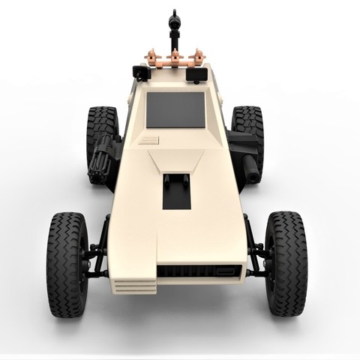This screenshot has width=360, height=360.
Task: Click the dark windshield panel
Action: [x=175, y=109]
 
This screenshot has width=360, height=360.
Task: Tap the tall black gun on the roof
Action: [x=175, y=26]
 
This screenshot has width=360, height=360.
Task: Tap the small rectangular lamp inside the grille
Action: [x=225, y=270]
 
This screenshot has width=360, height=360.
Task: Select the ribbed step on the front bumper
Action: [x=135, y=286]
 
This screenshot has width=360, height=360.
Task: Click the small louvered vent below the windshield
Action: [x=150, y=140]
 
